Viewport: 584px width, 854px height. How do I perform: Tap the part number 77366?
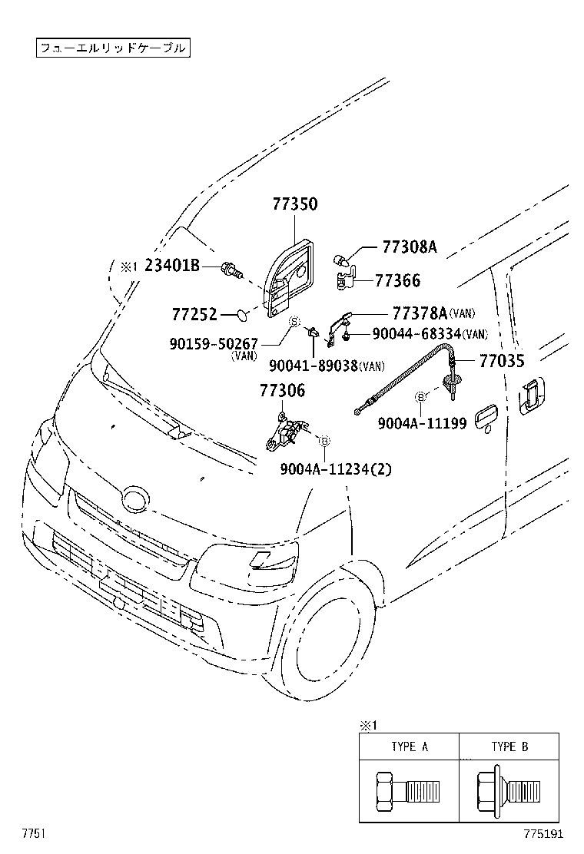pos(397,281)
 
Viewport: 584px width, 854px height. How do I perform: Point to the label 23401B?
pos(172,266)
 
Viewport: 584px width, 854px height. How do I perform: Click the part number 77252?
pos(195,314)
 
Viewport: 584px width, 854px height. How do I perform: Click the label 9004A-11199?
pos(422,423)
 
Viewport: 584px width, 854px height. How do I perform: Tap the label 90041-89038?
pos(314,366)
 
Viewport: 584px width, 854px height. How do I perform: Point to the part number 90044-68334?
pos(416,333)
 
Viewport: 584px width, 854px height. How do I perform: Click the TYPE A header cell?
pos(409,746)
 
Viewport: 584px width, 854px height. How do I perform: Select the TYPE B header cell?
pos(509,746)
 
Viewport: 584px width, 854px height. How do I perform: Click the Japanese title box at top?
pos(112,48)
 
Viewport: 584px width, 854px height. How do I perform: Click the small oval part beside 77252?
pos(241,314)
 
